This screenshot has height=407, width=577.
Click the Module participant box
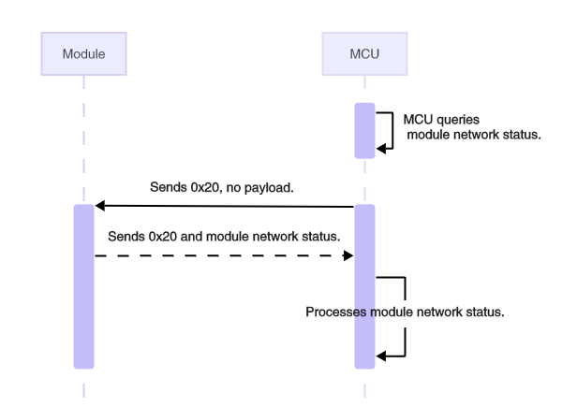tap(83, 54)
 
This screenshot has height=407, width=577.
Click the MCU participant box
tap(365, 54)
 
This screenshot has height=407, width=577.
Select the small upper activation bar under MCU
tap(365, 130)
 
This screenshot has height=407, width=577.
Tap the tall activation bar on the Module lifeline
tap(84, 285)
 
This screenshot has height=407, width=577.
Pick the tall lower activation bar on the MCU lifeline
tap(365, 285)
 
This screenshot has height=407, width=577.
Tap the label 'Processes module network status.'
tap(406, 313)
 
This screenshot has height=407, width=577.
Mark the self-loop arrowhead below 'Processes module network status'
tap(382, 355)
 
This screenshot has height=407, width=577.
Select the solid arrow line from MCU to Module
tap(225, 205)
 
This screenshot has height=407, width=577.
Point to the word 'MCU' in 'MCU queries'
tap(416, 120)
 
